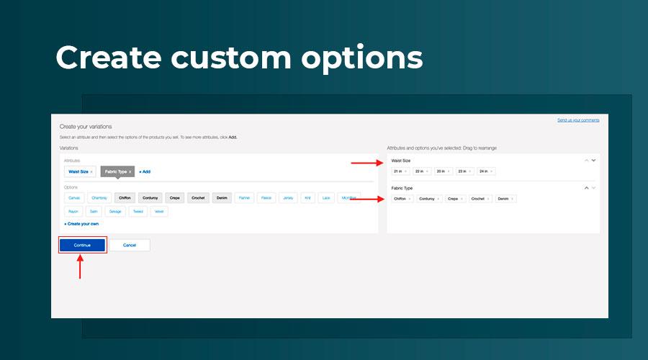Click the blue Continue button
coord(82,245)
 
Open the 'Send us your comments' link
coord(578,120)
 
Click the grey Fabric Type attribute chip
coord(118,172)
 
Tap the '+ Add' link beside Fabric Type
coord(145,172)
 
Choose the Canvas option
coord(74,197)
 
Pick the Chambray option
coord(100,197)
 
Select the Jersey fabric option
coord(288,197)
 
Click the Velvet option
coord(160,212)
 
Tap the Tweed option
coord(138,212)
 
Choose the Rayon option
coord(73,212)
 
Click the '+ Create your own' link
coord(81,224)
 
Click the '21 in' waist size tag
coord(400,171)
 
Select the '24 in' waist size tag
coord(485,171)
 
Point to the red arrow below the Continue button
coord(79,267)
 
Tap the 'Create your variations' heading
coord(86,127)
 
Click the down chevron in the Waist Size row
coord(593,160)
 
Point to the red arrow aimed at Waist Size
coord(367,163)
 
